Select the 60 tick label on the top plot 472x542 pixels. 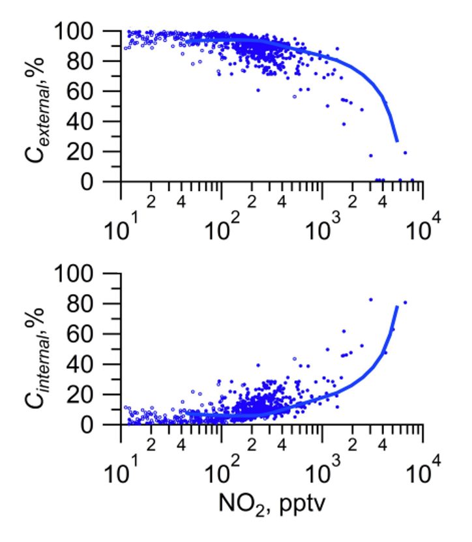pyautogui.click(x=96, y=91)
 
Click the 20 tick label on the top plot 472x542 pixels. pyautogui.click(x=96, y=152)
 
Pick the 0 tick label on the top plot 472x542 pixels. pyautogui.click(x=104, y=182)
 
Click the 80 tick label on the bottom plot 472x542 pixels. pyautogui.click(x=96, y=304)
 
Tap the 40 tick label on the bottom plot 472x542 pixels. pyautogui.click(x=96, y=365)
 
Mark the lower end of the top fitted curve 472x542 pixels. pyautogui.click(x=396, y=140)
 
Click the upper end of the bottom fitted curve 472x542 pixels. pyautogui.click(x=396, y=306)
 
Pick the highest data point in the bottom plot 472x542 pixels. pyautogui.click(x=371, y=299)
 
